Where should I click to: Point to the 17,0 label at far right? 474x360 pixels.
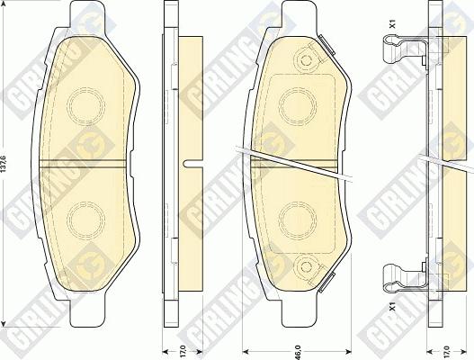[x=449, y=345]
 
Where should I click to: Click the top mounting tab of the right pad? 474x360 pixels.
[x=297, y=13]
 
